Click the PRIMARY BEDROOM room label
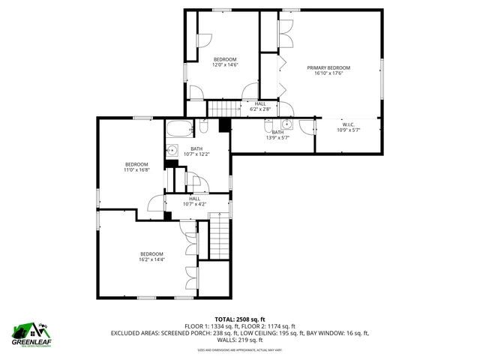click(x=328, y=67)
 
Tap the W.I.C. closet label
click(x=348, y=124)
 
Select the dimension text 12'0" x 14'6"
click(x=225, y=65)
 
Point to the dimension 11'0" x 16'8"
click(x=136, y=170)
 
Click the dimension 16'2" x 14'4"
click(x=151, y=259)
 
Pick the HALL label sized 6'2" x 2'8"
click(x=260, y=103)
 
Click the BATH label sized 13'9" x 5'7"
click(x=277, y=132)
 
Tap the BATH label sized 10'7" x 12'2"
click(x=196, y=148)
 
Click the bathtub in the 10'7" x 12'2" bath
click(x=179, y=127)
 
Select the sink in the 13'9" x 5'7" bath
click(x=287, y=124)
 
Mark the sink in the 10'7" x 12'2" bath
click(x=171, y=149)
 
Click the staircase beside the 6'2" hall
click(x=218, y=109)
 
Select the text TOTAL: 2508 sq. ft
click(x=240, y=319)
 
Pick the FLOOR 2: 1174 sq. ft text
click(x=272, y=325)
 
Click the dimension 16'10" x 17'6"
click(x=328, y=73)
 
